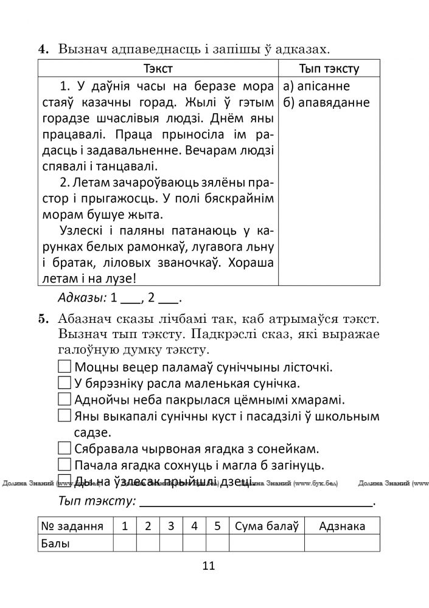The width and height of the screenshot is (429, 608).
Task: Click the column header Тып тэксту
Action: point(329,68)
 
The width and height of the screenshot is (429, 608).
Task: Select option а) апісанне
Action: point(316,86)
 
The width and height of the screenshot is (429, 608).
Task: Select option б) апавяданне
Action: point(326,102)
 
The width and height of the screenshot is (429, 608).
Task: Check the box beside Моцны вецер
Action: point(65,367)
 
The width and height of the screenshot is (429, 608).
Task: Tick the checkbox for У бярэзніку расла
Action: point(65,383)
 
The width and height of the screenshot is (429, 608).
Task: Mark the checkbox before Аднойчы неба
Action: point(65,399)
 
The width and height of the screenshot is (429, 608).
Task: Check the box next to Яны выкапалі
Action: point(65,416)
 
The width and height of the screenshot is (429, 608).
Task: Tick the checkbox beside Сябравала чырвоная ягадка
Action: point(65,449)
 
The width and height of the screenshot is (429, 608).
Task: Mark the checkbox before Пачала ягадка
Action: point(65,465)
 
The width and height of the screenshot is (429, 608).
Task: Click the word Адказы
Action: point(82,298)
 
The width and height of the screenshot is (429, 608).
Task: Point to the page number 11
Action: point(209,566)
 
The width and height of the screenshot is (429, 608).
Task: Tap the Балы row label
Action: point(56,543)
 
